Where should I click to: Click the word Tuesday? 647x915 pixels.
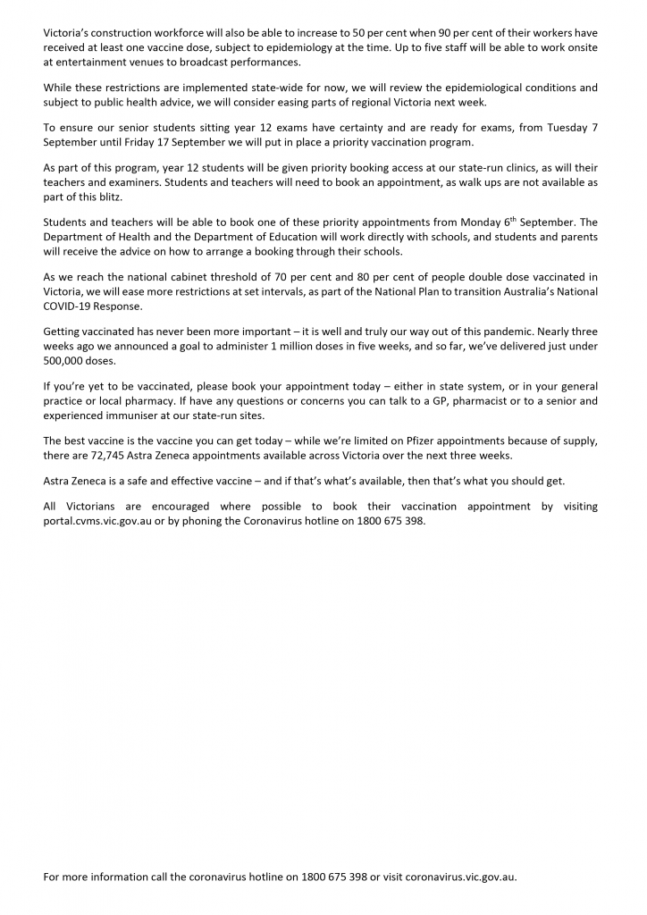tap(561, 128)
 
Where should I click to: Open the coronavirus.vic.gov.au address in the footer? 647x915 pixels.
tap(461, 877)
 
